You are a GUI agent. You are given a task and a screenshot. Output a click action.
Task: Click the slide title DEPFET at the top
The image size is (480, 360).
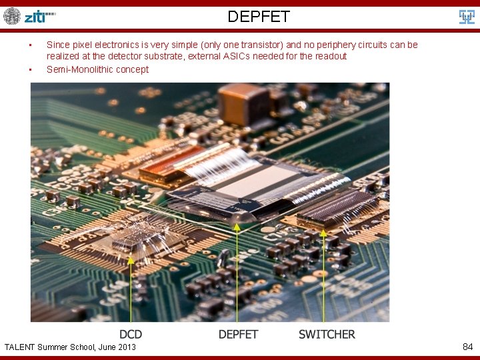click(x=258, y=17)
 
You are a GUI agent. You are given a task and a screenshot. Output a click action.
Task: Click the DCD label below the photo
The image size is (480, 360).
click(x=131, y=334)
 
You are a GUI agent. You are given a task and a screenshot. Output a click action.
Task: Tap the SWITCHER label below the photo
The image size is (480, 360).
click(x=327, y=334)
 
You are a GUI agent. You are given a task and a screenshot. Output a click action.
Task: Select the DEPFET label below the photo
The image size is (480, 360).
click(x=238, y=334)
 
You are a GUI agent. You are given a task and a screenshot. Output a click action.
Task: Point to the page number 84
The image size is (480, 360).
click(x=467, y=347)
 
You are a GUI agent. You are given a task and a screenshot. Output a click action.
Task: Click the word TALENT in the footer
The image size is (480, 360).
click(x=20, y=347)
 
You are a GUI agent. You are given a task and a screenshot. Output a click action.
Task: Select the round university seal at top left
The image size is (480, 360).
click(x=12, y=16)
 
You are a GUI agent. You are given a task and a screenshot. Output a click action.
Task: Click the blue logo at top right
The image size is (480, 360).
click(x=467, y=17)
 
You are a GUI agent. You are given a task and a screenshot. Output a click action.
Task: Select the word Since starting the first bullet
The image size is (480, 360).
click(x=58, y=45)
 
